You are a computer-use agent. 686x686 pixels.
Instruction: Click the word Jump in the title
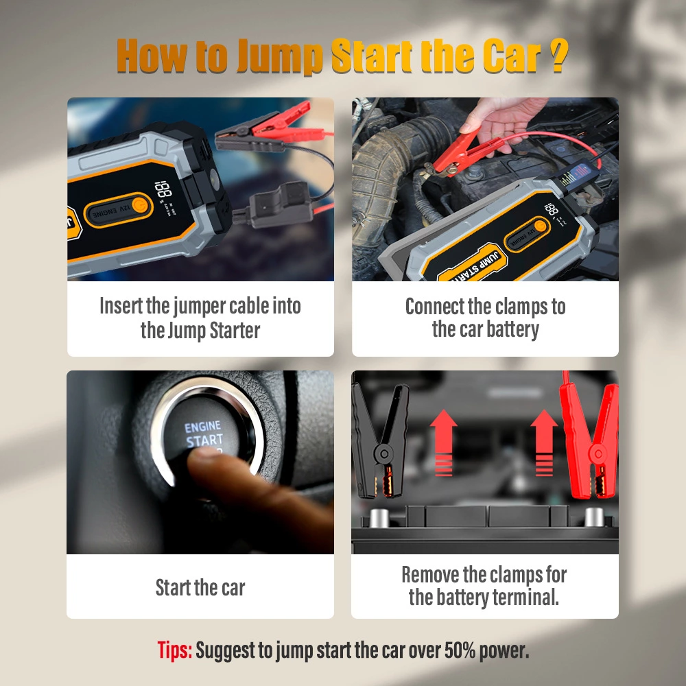279,58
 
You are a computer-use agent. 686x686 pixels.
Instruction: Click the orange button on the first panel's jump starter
139,204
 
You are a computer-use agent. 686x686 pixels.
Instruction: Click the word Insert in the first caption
121,306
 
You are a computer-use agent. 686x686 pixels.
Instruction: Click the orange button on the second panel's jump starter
540,226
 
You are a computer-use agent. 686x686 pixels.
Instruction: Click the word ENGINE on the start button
202,427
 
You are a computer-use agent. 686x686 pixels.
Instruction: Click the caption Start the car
200,588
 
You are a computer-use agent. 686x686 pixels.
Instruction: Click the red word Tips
174,650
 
